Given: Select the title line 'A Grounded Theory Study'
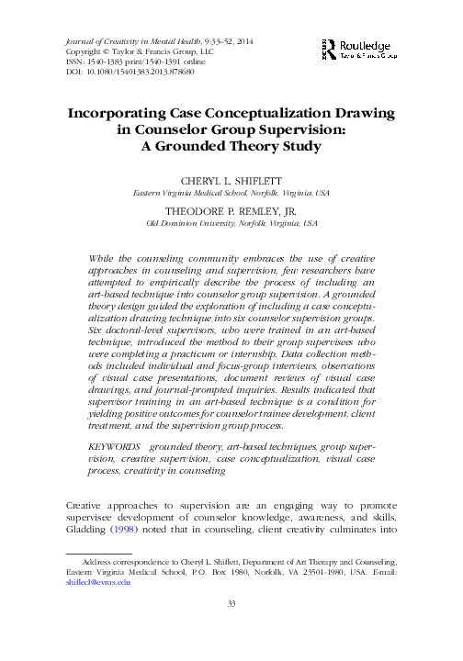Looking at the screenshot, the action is tap(231, 146).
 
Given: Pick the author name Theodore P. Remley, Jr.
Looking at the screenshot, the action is tap(231, 210).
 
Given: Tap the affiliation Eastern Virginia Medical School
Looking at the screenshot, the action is tap(199, 194).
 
